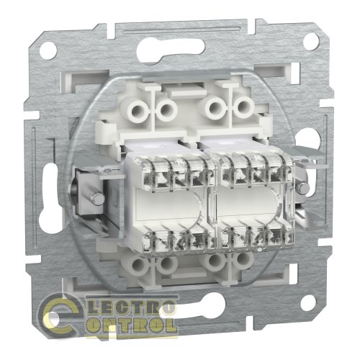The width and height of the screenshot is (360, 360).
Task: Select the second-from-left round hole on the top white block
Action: (166, 109)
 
